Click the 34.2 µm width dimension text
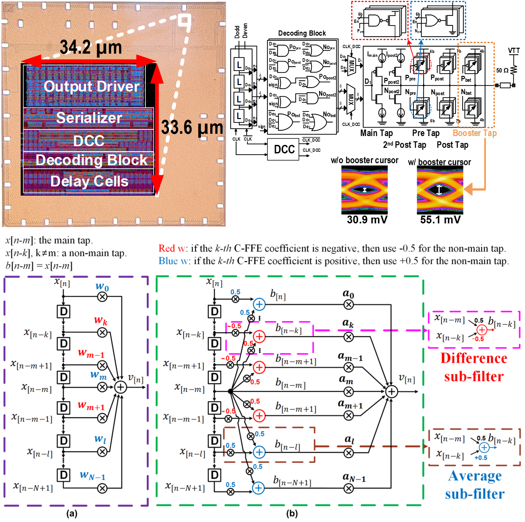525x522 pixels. [91, 47]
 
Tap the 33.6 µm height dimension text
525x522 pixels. [192, 128]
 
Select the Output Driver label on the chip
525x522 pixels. [92, 86]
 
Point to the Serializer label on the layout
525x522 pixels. [89, 117]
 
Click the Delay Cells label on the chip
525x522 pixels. [89, 181]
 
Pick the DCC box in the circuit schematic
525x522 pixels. [284, 149]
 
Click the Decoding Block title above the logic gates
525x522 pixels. [302, 33]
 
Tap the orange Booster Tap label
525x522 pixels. [475, 133]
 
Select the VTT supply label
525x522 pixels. [514, 51]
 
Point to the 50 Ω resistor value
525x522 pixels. [502, 70]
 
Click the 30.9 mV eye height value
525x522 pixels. [367, 219]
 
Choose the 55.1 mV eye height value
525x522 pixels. [440, 219]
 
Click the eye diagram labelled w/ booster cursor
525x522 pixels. [440, 190]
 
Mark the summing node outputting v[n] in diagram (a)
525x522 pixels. [120, 387]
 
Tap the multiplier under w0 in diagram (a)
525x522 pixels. [102, 297]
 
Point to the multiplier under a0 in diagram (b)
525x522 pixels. [349, 305]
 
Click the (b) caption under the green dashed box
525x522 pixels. [292, 514]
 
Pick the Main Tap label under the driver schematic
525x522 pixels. [376, 133]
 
